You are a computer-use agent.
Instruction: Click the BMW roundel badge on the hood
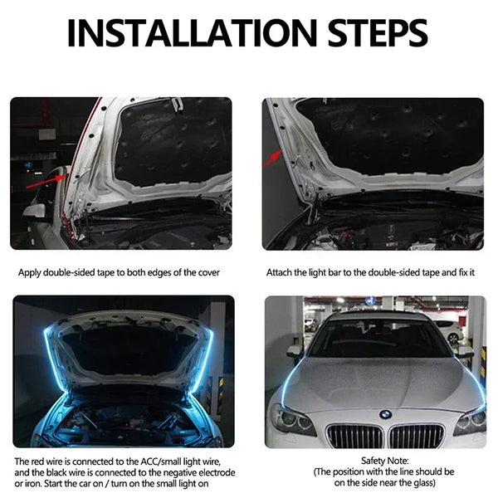(x=385, y=413)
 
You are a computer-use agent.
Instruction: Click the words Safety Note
(x=373, y=459)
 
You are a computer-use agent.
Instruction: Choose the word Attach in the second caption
(x=279, y=272)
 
